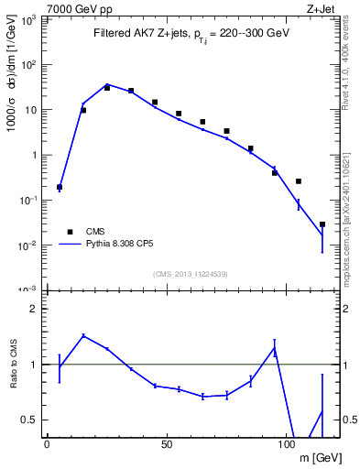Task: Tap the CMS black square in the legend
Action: pyautogui.click(x=69, y=232)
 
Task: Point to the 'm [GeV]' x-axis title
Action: pyautogui.click(x=315, y=457)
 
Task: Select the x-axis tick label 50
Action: pyautogui.click(x=167, y=444)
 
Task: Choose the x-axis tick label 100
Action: pyautogui.click(x=287, y=444)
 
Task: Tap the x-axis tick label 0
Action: pyautogui.click(x=47, y=444)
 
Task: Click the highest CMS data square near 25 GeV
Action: pyautogui.click(x=107, y=88)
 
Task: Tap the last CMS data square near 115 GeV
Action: pyautogui.click(x=322, y=224)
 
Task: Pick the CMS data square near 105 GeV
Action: pyautogui.click(x=299, y=181)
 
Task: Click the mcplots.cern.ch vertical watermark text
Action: pyautogui.click(x=350, y=220)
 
